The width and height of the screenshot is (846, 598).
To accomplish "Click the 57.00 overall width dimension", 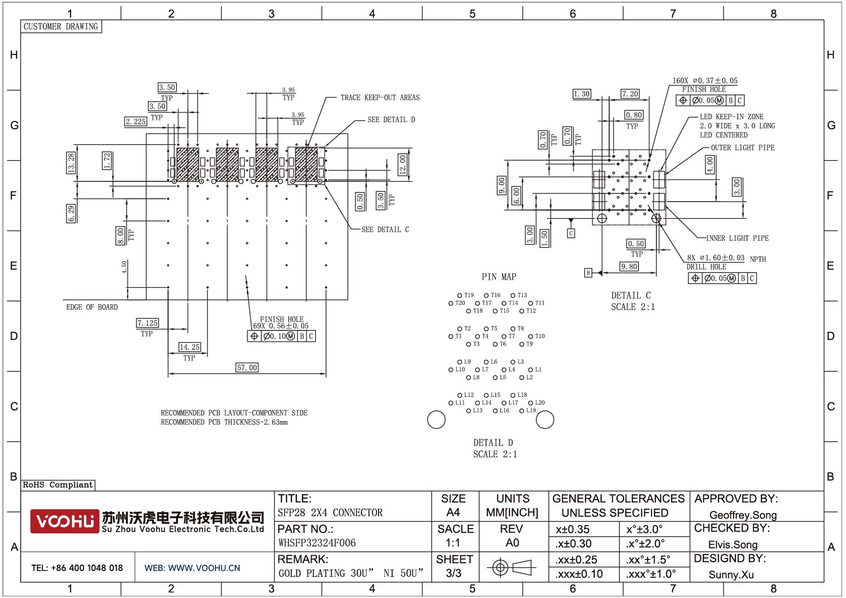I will coord(247,367).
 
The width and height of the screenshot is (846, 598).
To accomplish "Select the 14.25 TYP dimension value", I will coord(189,347).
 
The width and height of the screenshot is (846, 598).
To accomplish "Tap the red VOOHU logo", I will coord(65,521).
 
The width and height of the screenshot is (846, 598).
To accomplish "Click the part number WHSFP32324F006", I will coord(317,543).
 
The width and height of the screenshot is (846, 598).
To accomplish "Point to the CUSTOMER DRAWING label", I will coord(61,27).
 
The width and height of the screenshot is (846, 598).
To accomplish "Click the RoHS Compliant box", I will coord(58,485).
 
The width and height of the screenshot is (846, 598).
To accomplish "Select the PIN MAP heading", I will coord(499,277).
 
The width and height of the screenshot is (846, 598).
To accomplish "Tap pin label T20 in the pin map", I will coord(460,303).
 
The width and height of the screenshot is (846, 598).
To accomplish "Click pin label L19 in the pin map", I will coord(531,410).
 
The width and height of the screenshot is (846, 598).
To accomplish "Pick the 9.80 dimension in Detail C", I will coord(629,266).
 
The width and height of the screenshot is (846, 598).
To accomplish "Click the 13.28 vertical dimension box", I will coord(71,163).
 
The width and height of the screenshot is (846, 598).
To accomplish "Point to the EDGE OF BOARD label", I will coord(92,307).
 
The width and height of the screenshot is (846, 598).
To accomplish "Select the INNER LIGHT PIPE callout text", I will coord(737,238).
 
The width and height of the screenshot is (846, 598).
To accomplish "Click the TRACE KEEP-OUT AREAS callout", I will coord(380,97).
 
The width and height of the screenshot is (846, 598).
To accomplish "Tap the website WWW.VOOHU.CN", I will coord(192,568).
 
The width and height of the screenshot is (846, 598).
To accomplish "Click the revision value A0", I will coord(512,543).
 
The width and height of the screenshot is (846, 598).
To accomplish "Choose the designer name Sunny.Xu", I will coord(731,574).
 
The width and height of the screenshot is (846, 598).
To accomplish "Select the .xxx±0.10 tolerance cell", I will coord(579,574).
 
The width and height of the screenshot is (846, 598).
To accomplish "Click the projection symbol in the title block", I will coord(511,568).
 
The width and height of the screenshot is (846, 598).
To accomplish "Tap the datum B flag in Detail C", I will coord(588,273).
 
